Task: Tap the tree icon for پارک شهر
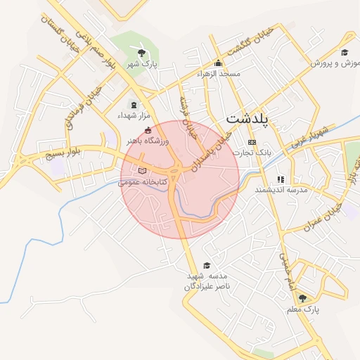click(x=142, y=53)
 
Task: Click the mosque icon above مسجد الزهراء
click(x=219, y=63)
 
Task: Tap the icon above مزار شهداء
click(x=134, y=105)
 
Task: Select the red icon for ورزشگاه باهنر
click(x=147, y=131)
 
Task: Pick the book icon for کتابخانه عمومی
click(x=143, y=171)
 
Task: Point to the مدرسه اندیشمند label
click(x=281, y=190)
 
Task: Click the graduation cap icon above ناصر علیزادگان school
click(x=206, y=265)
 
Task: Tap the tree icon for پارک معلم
click(x=302, y=298)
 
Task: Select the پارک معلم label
click(x=303, y=309)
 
